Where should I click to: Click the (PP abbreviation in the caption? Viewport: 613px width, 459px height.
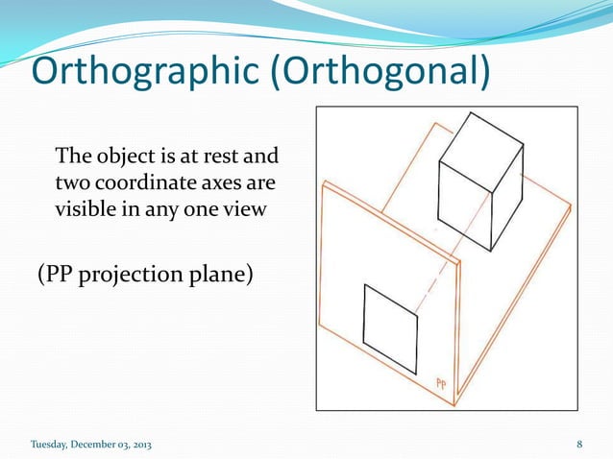pyautogui.click(x=59, y=276)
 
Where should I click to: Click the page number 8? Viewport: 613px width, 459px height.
pyautogui.click(x=580, y=444)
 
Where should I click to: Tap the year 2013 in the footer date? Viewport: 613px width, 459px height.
pyautogui.click(x=137, y=444)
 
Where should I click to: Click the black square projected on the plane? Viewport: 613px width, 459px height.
pyautogui.click(x=390, y=329)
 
